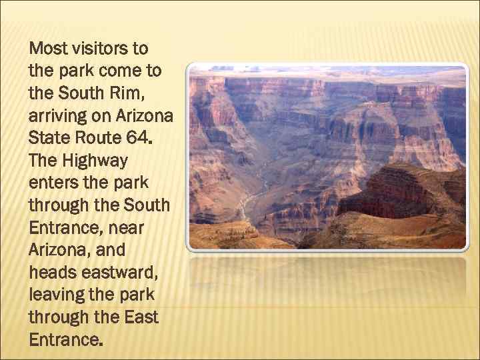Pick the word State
point(50,139)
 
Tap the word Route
point(99,139)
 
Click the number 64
point(141,139)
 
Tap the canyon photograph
point(327,157)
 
